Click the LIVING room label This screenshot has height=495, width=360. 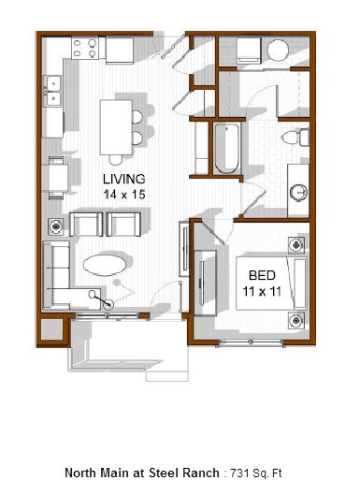tap(124, 179)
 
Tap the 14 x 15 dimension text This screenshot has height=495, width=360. tap(124, 195)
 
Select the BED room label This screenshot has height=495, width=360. tap(262, 275)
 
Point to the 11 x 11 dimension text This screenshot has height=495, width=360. tap(262, 291)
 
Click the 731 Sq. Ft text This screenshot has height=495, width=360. tap(256, 473)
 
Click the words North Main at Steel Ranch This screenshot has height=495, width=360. tap(142, 473)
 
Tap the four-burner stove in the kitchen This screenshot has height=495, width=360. tap(84, 48)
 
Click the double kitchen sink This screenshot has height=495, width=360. tap(52, 92)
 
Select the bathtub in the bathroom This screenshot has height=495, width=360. tap(227, 149)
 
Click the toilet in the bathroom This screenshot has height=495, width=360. tap(295, 138)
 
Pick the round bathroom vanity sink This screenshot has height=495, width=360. tap(298, 192)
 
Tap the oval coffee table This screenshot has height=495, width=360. tap(105, 265)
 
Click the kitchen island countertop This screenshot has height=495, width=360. tap(116, 127)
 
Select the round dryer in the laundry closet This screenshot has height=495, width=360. tap(278, 50)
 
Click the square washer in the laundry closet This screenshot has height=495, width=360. tap(249, 51)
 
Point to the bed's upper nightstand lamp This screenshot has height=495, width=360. tap(296, 245)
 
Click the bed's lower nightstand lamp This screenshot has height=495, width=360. tap(296, 320)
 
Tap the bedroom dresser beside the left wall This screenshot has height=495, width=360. tap(205, 283)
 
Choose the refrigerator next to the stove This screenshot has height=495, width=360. tap(120, 51)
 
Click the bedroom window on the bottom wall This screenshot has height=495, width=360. tap(251, 342)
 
